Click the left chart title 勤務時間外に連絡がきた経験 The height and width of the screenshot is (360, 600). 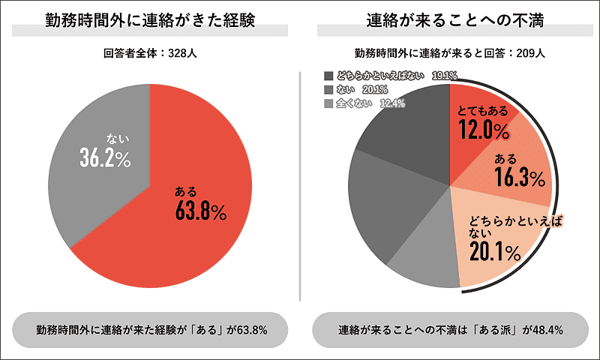click(151, 20)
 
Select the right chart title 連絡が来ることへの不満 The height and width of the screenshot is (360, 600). click(451, 20)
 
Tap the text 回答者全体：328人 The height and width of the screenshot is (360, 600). click(151, 53)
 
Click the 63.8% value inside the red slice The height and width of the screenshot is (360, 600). click(200, 211)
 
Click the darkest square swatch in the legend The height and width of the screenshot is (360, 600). click(328, 76)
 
